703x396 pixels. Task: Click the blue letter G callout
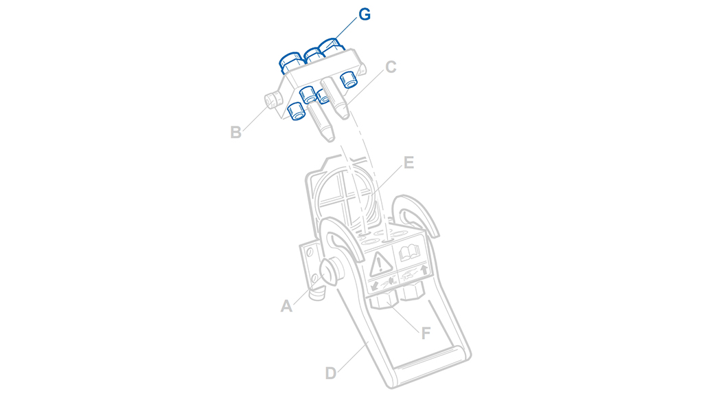point(365,14)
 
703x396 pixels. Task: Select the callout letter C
point(391,67)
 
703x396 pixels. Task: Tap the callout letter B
point(236,133)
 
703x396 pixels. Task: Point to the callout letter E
point(408,162)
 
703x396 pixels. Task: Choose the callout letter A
point(286,306)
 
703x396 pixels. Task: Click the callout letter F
point(426,333)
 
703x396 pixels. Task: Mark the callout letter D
point(330,373)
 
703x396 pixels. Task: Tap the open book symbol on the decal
point(409,252)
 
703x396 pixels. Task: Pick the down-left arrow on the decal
point(374,286)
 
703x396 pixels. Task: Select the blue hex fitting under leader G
point(331,47)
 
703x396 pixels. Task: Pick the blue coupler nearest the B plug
point(295,111)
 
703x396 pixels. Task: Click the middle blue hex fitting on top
point(314,56)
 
